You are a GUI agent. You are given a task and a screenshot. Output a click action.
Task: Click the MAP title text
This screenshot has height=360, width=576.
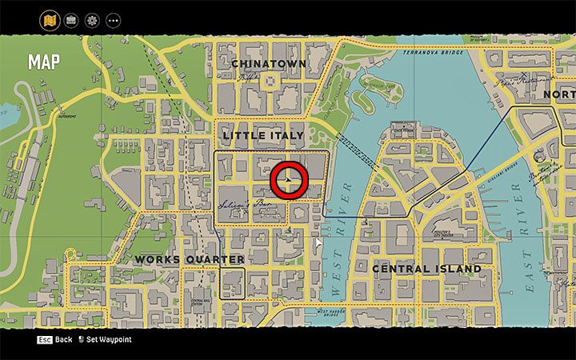(x=43, y=62)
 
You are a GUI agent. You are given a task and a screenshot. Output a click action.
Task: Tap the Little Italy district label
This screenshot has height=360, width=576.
(x=262, y=135)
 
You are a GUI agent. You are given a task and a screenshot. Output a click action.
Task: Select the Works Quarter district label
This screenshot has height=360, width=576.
(x=190, y=259)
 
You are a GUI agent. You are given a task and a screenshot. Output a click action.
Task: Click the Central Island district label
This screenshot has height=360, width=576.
(x=426, y=269)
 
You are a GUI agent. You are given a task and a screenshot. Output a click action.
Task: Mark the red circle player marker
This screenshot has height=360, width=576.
(x=288, y=182)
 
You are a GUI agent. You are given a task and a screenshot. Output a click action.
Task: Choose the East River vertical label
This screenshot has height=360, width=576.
(x=529, y=240)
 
